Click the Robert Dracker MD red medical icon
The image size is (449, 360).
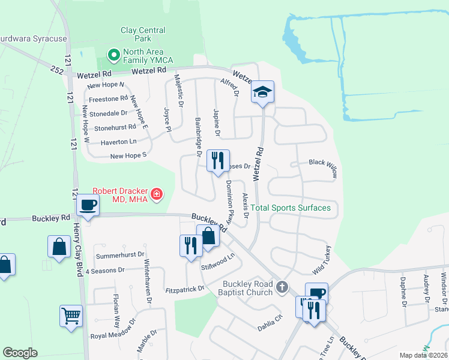157,193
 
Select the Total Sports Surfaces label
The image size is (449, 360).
291,208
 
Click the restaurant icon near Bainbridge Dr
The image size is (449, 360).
217,160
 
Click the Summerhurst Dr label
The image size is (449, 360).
116,256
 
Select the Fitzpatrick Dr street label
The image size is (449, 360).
185,289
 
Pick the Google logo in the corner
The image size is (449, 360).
20,353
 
